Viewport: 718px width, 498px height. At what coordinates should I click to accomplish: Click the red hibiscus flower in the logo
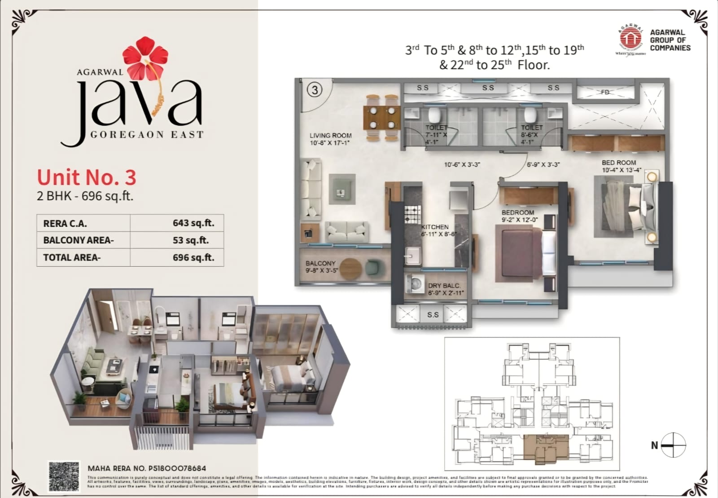click(145, 58)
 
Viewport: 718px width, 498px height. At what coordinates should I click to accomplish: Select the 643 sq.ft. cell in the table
click(193, 223)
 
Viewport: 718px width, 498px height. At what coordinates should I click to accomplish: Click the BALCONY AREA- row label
click(79, 240)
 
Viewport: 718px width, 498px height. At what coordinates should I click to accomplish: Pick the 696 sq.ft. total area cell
click(193, 257)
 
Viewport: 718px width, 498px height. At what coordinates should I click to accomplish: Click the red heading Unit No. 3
click(86, 177)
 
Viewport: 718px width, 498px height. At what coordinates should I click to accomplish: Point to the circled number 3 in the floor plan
click(315, 90)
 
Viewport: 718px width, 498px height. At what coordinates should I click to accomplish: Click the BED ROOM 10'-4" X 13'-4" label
click(619, 166)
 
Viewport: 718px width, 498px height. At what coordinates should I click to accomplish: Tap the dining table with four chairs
click(380, 118)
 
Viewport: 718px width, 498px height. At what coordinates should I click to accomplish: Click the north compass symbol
click(673, 445)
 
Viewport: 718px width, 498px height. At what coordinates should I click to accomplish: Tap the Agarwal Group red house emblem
click(630, 39)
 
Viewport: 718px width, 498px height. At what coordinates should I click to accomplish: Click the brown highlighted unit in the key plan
click(546, 449)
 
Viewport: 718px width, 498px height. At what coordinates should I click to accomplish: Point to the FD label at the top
click(605, 92)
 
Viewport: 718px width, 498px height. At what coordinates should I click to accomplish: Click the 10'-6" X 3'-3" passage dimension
click(462, 165)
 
